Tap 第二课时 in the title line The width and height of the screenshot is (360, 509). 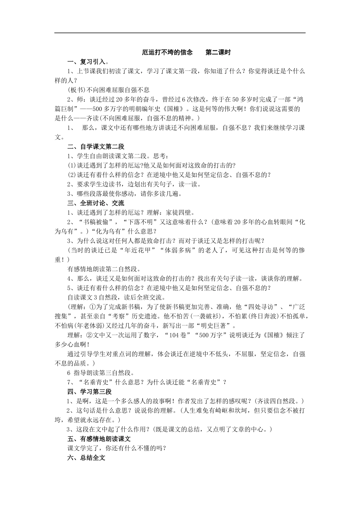[x=218, y=52]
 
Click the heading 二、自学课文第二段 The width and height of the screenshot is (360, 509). [x=96, y=147]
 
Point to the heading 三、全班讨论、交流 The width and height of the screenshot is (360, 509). [x=96, y=203]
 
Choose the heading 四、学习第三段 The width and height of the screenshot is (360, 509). [x=89, y=392]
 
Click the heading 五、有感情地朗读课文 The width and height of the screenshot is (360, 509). [x=99, y=439]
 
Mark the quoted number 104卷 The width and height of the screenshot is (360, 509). [x=178, y=335]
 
